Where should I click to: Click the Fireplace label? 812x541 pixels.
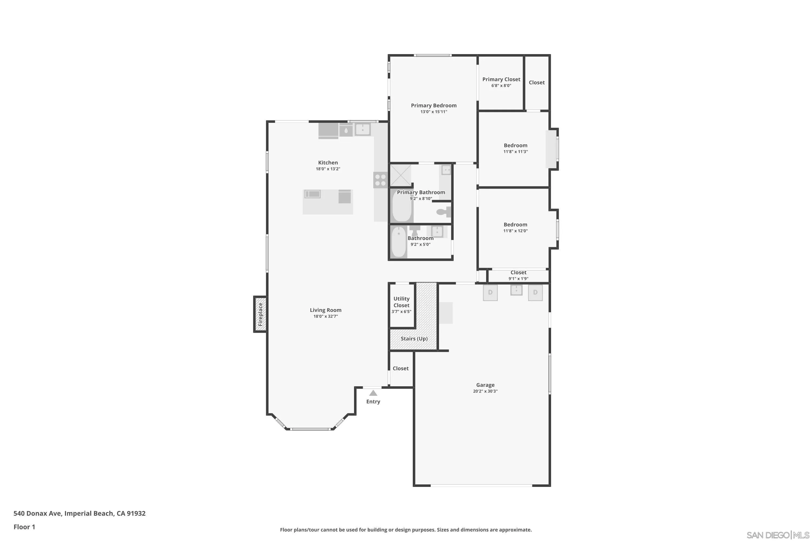click(x=260, y=314)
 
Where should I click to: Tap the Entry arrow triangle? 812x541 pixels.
click(x=373, y=393)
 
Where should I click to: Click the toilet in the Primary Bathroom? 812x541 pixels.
click(x=444, y=212)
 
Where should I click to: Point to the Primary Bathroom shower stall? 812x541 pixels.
click(x=401, y=175)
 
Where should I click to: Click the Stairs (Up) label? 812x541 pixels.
click(x=414, y=338)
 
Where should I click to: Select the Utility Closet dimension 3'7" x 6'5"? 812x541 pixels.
click(x=401, y=312)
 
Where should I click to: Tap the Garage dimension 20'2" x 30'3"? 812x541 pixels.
click(x=485, y=391)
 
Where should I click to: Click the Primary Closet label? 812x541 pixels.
click(x=501, y=79)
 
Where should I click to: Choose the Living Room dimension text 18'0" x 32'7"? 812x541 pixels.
click(x=325, y=316)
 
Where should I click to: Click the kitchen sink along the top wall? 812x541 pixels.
click(x=362, y=130)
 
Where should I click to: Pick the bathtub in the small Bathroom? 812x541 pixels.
click(x=399, y=242)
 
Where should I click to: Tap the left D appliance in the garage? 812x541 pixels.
click(x=490, y=293)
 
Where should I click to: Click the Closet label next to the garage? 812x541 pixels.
click(x=401, y=368)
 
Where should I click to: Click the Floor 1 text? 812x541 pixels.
click(x=24, y=527)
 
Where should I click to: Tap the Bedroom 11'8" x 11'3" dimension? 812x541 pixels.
click(x=515, y=151)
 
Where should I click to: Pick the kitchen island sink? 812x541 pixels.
click(x=312, y=194)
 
